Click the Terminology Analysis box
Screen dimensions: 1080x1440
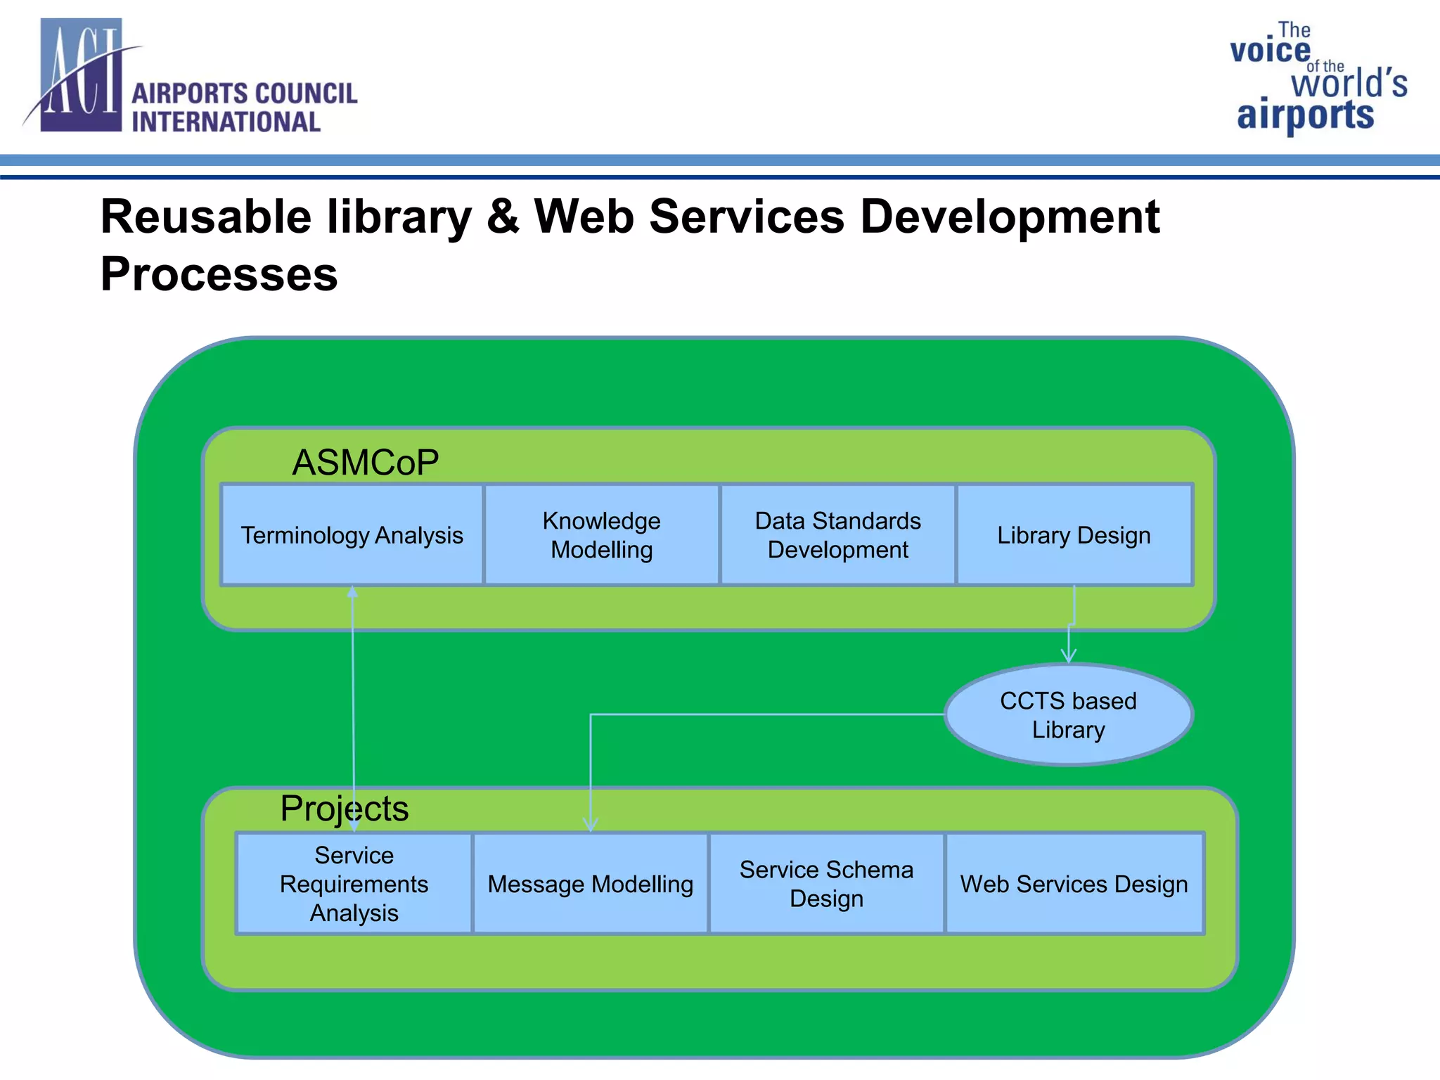click(352, 535)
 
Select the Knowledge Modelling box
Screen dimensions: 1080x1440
click(602, 535)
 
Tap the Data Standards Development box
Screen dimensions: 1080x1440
click(837, 535)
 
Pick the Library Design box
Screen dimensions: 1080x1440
click(1074, 535)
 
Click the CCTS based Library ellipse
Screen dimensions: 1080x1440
click(1068, 715)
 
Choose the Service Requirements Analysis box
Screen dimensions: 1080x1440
click(354, 884)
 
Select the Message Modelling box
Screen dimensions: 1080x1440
click(590, 884)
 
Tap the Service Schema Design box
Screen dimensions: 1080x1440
click(826, 884)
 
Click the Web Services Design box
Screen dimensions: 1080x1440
click(1074, 884)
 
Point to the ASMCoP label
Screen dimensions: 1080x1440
click(366, 463)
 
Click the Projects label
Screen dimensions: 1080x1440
click(344, 808)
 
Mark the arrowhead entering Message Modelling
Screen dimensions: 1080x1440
click(591, 824)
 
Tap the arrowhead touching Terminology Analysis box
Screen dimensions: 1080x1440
click(352, 592)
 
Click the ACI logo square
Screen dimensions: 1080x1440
click(82, 75)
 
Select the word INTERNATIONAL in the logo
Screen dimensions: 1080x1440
click(226, 122)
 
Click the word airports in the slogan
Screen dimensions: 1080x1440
click(1305, 115)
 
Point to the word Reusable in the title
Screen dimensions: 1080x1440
click(205, 217)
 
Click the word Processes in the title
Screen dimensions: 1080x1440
click(219, 274)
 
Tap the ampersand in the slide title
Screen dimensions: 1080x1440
click(503, 217)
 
